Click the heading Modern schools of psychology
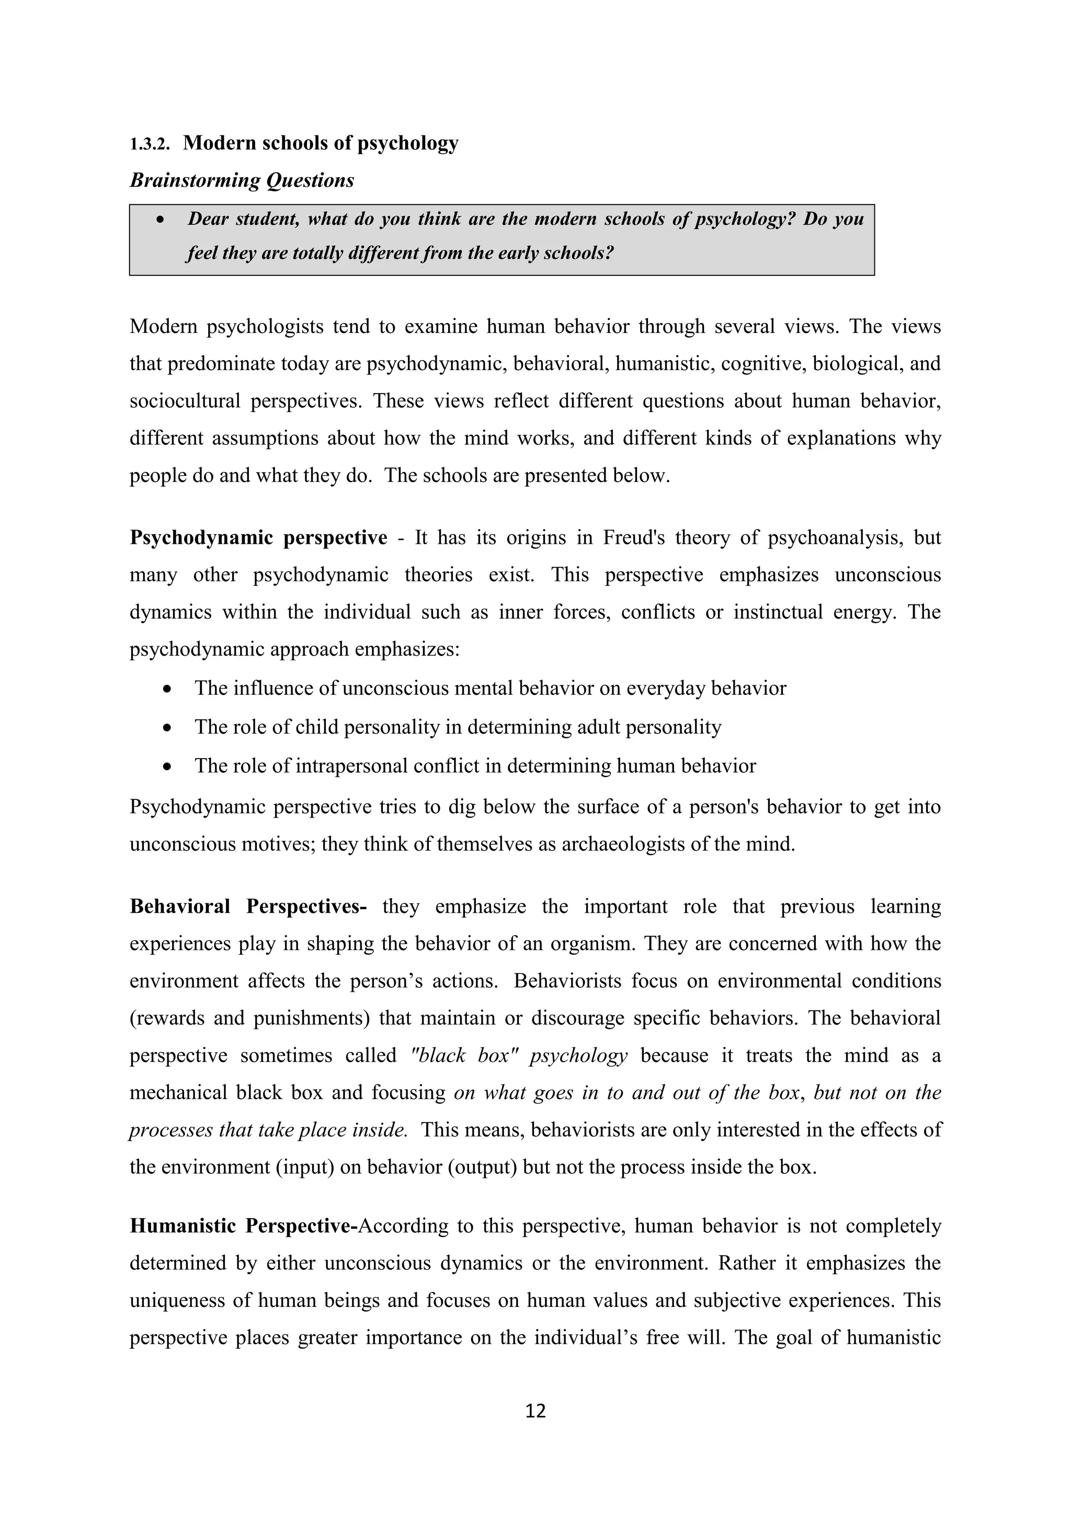pyautogui.click(x=321, y=143)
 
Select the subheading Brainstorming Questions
pyautogui.click(x=242, y=180)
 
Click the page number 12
pyautogui.click(x=535, y=1410)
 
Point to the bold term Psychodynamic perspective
pyautogui.click(x=258, y=537)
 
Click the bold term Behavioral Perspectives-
pyautogui.click(x=248, y=906)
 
